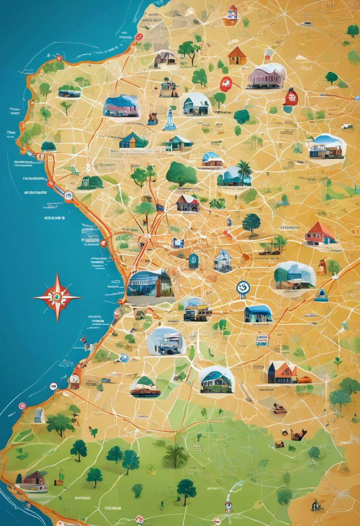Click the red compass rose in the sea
tap(57, 298)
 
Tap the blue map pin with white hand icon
tap(243, 288)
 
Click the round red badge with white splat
tap(225, 83)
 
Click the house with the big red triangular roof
tap(320, 234)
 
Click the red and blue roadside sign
tap(262, 340)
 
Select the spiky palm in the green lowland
tap(175, 455)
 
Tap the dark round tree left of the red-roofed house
tap(251, 223)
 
